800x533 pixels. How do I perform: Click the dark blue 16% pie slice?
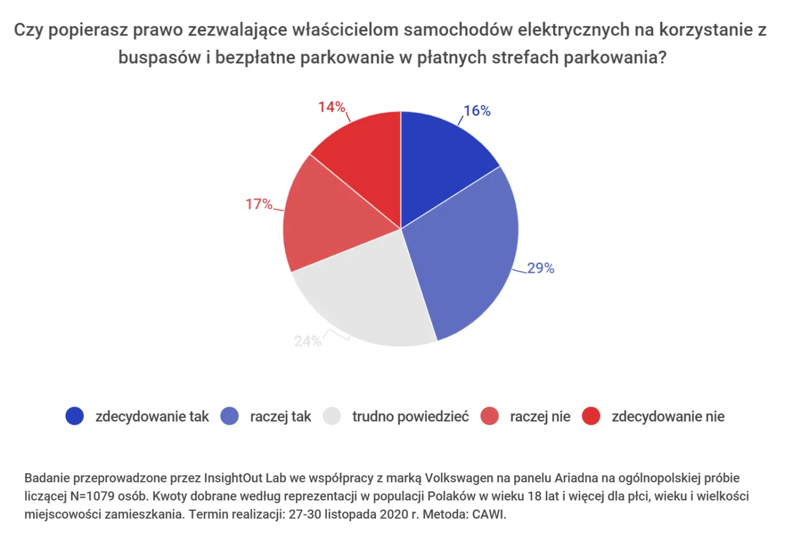coord(440,165)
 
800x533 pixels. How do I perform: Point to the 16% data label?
coord(477,111)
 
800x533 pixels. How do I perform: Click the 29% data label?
coord(541,268)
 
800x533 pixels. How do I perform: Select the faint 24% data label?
coord(307,341)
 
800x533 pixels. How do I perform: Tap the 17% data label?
coord(259,204)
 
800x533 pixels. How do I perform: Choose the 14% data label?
coord(331,107)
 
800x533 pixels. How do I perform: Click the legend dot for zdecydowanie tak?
coord(75,416)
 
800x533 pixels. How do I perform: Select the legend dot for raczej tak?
coord(230,416)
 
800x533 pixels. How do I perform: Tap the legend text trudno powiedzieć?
coord(410,417)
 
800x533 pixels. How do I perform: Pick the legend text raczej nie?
coord(540,417)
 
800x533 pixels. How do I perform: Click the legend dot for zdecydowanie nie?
coord(591,416)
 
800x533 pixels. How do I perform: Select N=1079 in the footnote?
coord(93,496)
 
